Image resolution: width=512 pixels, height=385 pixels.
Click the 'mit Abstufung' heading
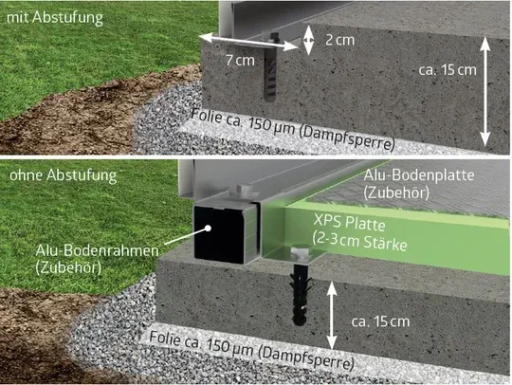coord(55,18)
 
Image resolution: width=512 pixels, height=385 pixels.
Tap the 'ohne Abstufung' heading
coord(63,175)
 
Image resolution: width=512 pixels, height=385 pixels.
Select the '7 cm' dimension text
coord(240,60)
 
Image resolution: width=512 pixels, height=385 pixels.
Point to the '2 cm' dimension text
coord(339,40)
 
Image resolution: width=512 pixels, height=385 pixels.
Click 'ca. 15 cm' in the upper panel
coord(448,70)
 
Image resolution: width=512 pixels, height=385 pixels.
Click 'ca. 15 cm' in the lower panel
coord(380,321)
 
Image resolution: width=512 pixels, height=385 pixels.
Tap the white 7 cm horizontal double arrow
coord(248,42)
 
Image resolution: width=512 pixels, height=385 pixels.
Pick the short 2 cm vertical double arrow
coord(308,40)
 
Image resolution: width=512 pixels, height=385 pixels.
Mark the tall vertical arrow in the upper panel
coord(485,92)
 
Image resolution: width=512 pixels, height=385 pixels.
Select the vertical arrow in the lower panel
coord(332,316)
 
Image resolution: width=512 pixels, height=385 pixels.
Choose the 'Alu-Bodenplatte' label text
coord(419,175)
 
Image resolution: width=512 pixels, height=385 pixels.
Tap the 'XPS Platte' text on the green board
coord(349,223)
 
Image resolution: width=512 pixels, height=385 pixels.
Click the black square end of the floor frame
coord(219,233)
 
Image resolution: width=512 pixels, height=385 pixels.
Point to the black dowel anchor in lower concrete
coord(300,296)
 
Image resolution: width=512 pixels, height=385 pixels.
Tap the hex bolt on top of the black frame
coord(242,190)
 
